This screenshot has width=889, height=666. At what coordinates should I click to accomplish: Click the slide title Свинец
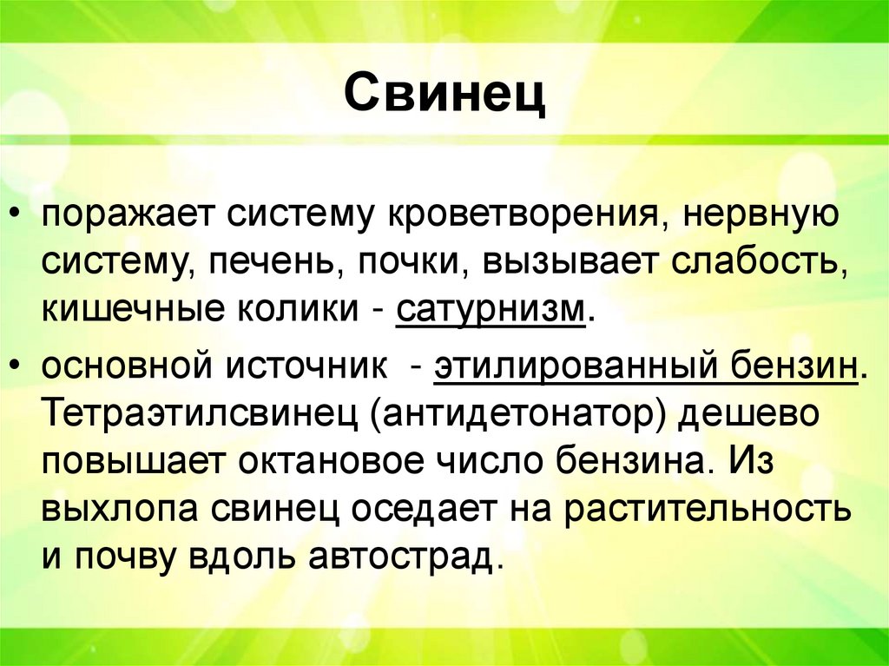444,95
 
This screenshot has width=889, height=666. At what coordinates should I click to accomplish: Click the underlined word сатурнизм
490,310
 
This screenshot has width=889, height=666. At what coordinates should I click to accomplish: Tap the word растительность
707,509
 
